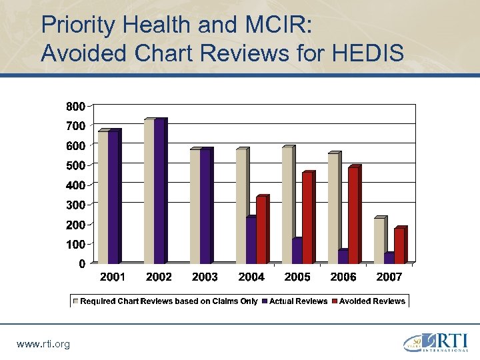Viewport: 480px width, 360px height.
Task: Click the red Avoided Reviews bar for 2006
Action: [353, 215]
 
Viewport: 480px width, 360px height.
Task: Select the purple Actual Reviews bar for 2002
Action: [159, 191]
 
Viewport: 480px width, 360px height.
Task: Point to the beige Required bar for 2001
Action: [103, 197]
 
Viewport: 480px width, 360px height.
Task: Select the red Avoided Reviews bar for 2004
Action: [261, 230]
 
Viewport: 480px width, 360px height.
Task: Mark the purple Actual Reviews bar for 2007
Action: [389, 258]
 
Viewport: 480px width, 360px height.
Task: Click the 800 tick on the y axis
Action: [75, 106]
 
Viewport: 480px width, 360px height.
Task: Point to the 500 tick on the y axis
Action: [75, 165]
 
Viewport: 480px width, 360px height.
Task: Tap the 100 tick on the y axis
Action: [75, 245]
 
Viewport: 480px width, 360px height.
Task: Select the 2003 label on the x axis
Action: [205, 277]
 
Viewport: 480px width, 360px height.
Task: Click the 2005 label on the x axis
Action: [297, 277]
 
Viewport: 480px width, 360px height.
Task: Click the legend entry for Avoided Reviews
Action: [371, 301]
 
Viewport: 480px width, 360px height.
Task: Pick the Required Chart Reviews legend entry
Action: [169, 301]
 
